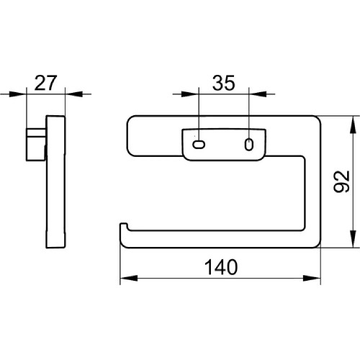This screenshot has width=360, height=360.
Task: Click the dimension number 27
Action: click(45, 83)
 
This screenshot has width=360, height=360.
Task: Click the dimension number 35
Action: click(223, 83)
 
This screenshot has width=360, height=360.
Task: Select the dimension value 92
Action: click(341, 181)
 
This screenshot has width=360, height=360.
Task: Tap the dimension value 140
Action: click(221, 267)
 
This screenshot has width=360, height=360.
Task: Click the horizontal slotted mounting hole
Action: click(199, 145)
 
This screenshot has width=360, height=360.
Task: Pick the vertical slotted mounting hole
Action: click(249, 145)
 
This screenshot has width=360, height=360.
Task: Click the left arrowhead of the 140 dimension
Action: click(129, 279)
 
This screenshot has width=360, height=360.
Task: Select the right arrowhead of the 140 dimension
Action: click(312, 279)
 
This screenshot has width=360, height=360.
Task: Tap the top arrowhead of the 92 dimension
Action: click(353, 125)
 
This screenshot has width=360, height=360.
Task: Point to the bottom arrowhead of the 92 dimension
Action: click(353, 238)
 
